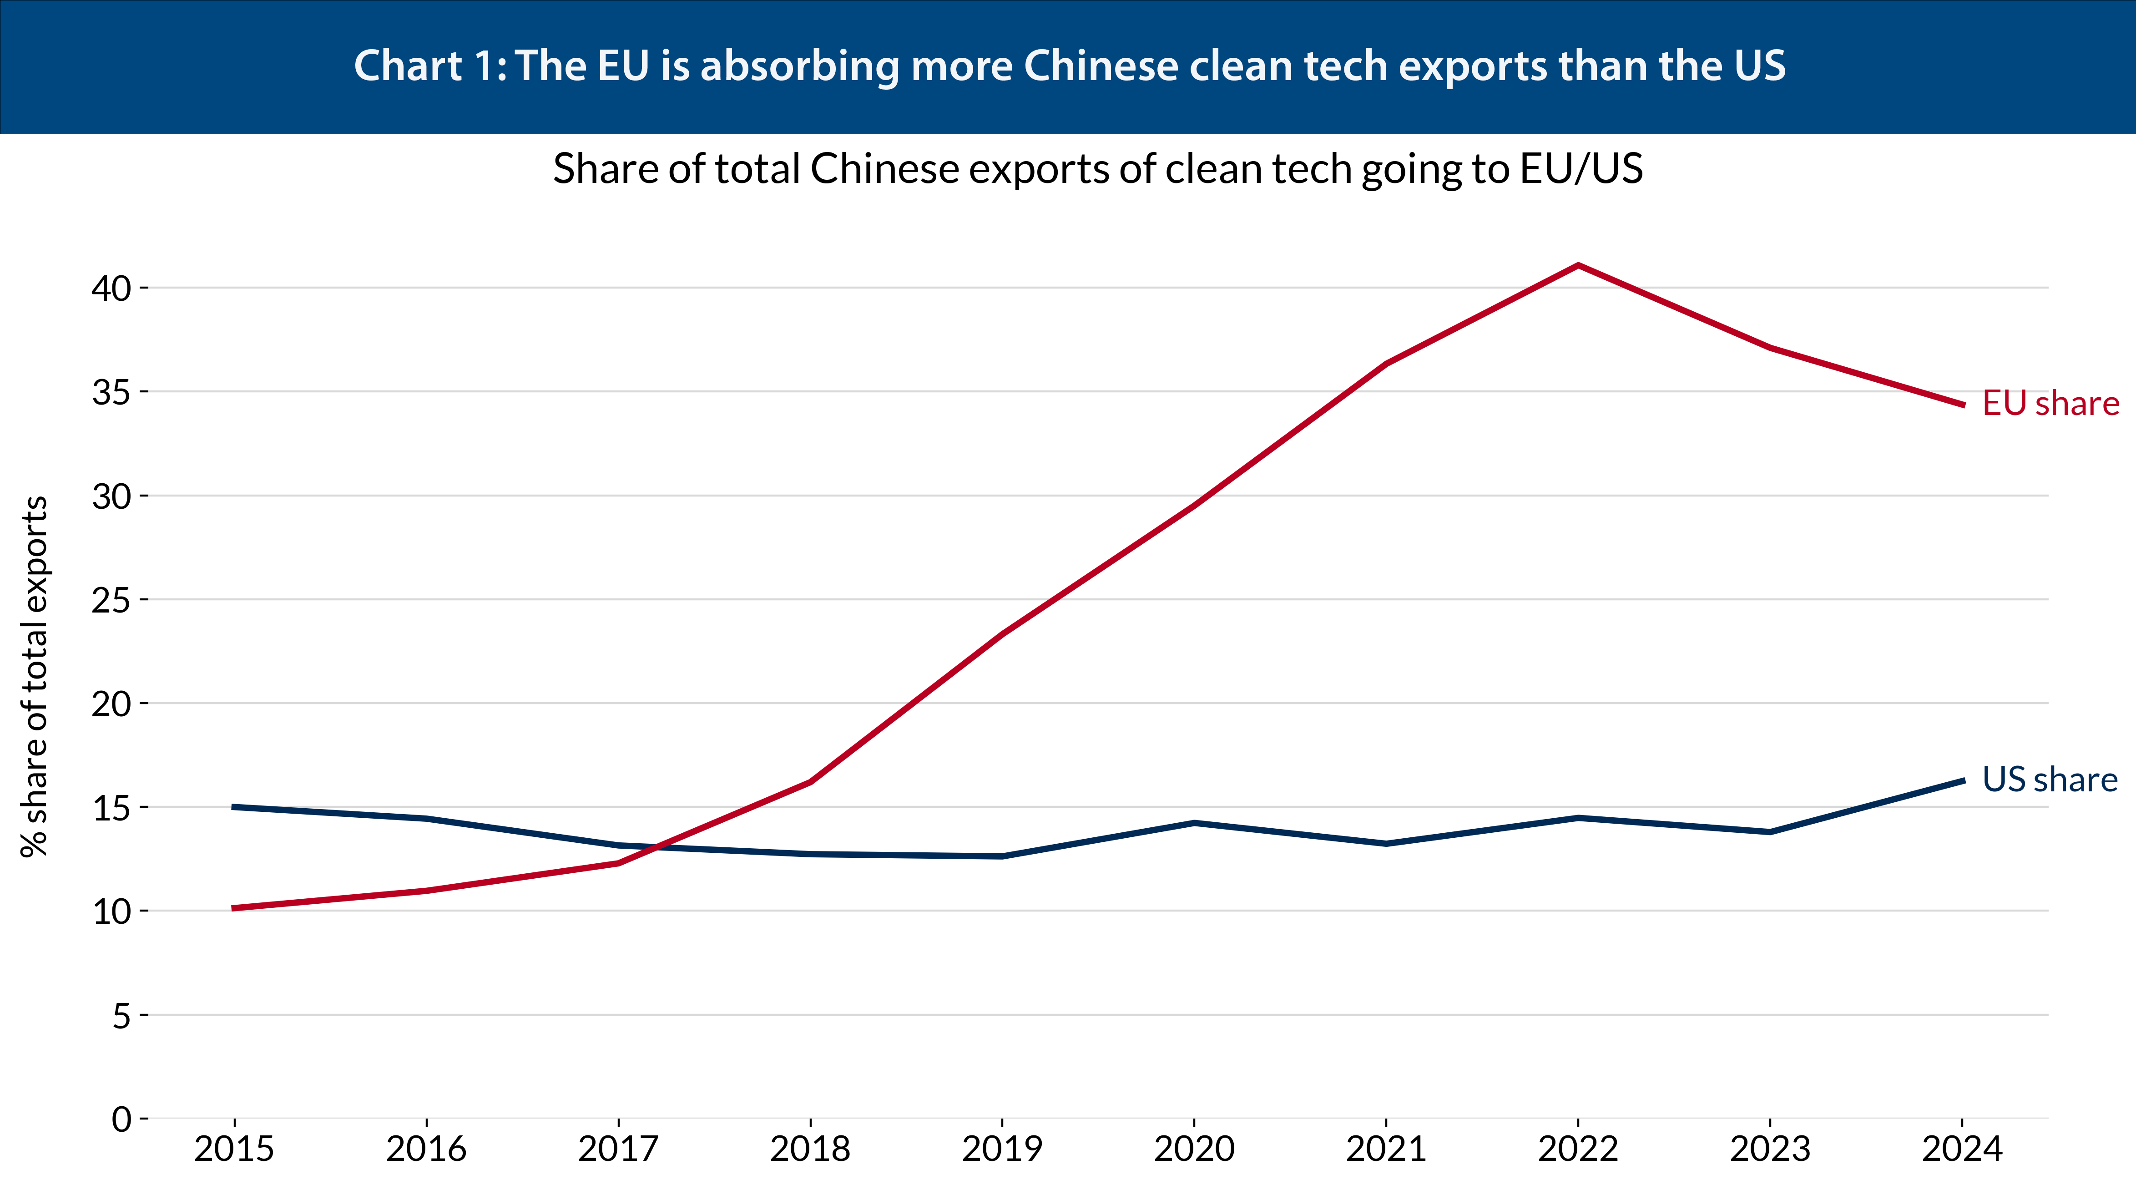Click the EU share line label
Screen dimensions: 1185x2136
click(x=2050, y=404)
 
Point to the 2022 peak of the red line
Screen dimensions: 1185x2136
click(x=1578, y=265)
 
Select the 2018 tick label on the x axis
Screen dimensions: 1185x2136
click(x=810, y=1150)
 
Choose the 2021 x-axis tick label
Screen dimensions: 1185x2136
click(x=1386, y=1150)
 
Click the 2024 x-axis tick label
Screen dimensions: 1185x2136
click(x=1962, y=1150)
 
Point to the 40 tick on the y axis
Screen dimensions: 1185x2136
click(x=112, y=289)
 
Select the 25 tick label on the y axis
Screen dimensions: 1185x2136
click(x=112, y=600)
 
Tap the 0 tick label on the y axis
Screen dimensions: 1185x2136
click(x=122, y=1119)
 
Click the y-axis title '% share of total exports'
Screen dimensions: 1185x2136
click(x=35, y=676)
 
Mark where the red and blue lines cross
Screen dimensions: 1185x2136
click(x=655, y=847)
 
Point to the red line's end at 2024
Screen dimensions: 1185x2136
click(x=1962, y=405)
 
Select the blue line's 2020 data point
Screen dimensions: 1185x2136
click(x=1194, y=823)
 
